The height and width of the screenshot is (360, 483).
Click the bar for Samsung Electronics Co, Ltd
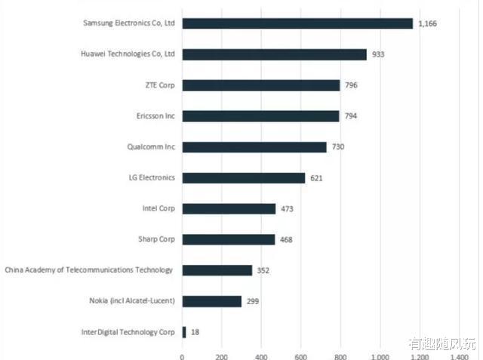tap(297, 23)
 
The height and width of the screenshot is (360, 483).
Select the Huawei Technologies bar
tap(274, 54)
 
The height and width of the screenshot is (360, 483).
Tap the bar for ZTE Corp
tap(261, 85)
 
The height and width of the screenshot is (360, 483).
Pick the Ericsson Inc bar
tap(260, 116)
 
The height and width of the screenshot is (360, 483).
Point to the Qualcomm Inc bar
tap(254, 147)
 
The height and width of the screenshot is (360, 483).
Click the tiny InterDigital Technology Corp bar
tap(184, 332)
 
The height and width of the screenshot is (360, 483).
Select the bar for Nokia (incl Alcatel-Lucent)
tap(212, 301)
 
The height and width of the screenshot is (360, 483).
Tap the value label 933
tap(379, 54)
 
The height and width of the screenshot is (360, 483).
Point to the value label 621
tap(318, 178)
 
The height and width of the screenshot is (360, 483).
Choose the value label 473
tap(288, 209)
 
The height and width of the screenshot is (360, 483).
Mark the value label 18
tap(195, 332)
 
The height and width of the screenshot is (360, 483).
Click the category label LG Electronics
tap(152, 178)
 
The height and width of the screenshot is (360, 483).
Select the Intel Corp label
tap(158, 208)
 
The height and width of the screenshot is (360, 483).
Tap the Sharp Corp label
tap(156, 239)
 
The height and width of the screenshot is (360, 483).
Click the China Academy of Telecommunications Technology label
tap(89, 270)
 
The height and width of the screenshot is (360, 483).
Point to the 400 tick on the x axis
tap(261, 354)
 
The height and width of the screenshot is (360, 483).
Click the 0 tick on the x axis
tap(183, 354)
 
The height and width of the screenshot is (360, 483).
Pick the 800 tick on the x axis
tap(340, 354)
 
